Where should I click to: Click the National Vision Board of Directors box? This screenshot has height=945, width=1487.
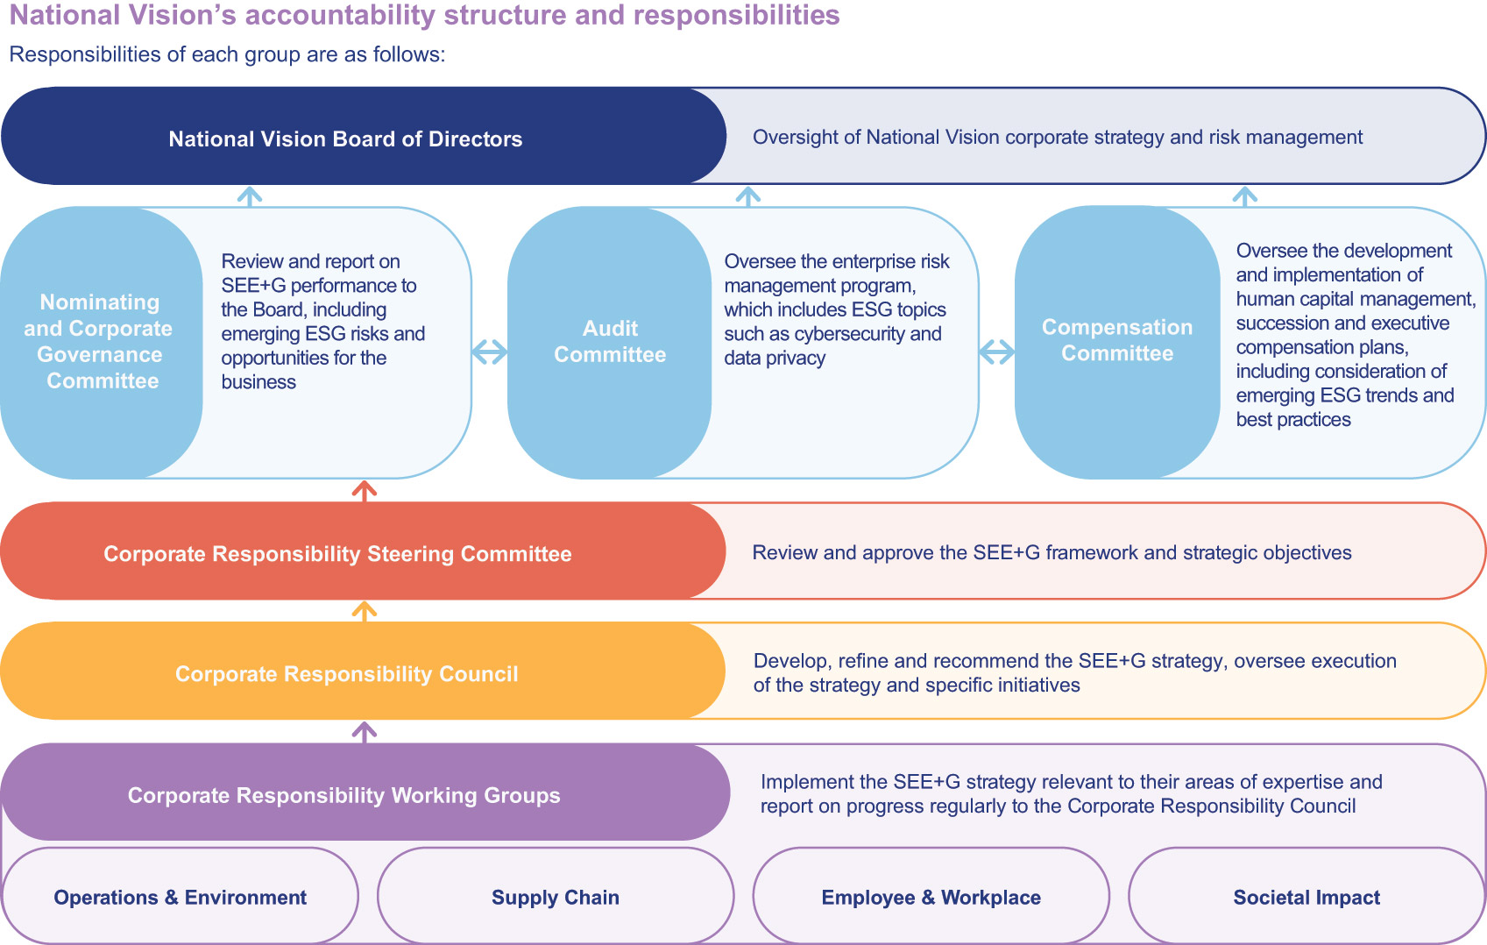(345, 139)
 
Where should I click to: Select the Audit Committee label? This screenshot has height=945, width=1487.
(610, 342)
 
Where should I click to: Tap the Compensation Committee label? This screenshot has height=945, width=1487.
(1117, 340)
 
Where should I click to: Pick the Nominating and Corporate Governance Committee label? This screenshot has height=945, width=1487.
(99, 342)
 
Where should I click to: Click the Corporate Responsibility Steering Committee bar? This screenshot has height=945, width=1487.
(337, 554)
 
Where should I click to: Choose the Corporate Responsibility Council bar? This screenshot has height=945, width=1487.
(346, 674)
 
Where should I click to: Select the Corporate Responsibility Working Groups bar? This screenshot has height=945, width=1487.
(343, 795)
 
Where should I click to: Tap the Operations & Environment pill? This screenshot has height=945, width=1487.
(180, 898)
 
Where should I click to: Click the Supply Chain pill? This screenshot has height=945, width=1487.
(555, 898)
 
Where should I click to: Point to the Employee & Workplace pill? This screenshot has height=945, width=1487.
(931, 898)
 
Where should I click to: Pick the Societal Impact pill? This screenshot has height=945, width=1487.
(1306, 898)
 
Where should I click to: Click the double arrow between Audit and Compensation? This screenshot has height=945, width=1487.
(996, 352)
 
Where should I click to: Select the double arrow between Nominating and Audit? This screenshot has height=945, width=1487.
(489, 352)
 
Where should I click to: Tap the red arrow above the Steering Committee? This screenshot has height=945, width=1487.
(364, 491)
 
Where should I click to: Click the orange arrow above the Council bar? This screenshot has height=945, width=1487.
(364, 611)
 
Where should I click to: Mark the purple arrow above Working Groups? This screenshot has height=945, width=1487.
(364, 731)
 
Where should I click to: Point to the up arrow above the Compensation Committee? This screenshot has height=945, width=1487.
(1244, 195)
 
